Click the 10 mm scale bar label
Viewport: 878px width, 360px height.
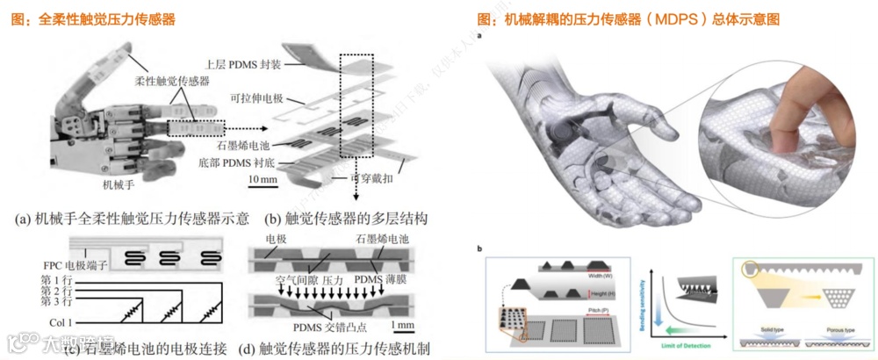[x=263, y=180]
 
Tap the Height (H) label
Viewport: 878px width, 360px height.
[x=599, y=292]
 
